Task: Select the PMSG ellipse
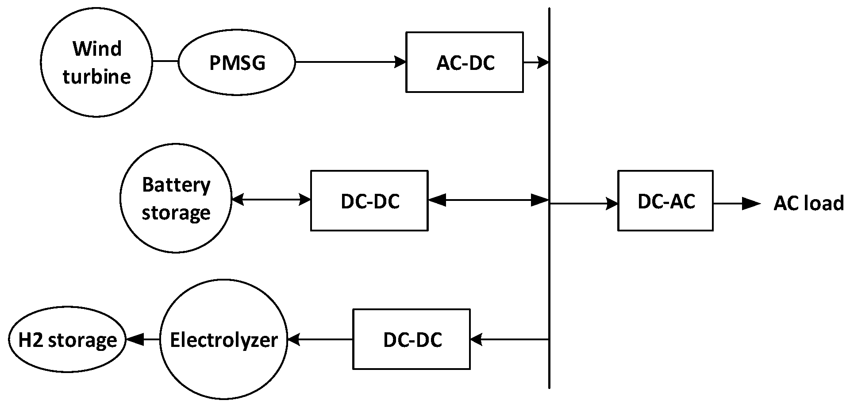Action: click(x=237, y=62)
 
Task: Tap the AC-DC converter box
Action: click(x=465, y=62)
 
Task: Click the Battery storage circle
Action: click(x=176, y=198)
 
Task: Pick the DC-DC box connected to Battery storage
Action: click(x=369, y=200)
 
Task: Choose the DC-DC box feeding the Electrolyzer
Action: click(x=412, y=339)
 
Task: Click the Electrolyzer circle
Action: click(x=223, y=340)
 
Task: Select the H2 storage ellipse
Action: click(x=67, y=340)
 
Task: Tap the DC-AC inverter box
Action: click(x=665, y=200)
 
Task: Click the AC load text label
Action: click(x=808, y=204)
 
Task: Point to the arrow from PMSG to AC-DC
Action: click(x=350, y=62)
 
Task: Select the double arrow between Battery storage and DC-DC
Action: click(x=271, y=200)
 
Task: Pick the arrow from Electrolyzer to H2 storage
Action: click(x=142, y=340)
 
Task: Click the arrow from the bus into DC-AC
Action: click(x=583, y=204)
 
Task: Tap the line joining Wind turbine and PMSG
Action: click(x=165, y=62)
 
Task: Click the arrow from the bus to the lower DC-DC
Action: click(x=509, y=340)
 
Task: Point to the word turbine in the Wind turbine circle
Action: click(x=96, y=77)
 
